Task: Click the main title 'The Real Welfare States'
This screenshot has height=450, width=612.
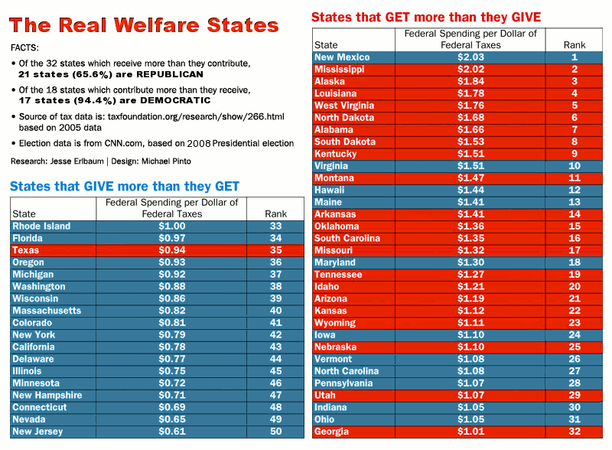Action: point(145,24)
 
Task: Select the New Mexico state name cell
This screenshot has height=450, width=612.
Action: point(342,57)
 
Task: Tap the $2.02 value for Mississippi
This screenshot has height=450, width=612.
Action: point(470,70)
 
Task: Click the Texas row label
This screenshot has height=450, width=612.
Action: point(26,250)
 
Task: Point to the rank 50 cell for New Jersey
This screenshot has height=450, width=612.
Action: point(275,432)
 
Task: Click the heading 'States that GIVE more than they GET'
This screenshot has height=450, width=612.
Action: point(125,186)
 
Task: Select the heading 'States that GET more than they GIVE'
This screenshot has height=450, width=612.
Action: point(426,16)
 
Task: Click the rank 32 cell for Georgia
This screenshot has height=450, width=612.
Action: point(575,432)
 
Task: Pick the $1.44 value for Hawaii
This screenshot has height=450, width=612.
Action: point(470,190)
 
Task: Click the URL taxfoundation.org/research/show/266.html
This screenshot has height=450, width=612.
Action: point(200,116)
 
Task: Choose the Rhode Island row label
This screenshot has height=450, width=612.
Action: point(41,227)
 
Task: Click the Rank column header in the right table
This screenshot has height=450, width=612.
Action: point(575,45)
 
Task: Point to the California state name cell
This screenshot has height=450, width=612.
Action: point(34,347)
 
